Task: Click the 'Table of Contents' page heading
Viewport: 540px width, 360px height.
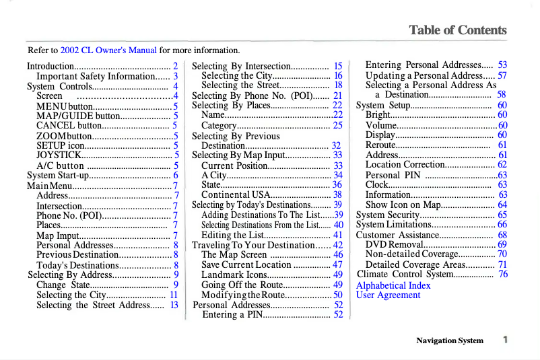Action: [x=457, y=30]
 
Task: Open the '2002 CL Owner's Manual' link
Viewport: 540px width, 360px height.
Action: [x=108, y=50]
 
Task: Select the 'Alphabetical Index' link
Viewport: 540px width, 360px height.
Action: [x=393, y=285]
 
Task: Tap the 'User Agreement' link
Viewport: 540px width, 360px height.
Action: [x=388, y=295]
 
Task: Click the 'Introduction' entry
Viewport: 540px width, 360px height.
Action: [x=50, y=66]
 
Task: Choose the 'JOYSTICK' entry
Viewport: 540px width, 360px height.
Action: [x=59, y=155]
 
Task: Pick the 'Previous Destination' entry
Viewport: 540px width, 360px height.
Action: [x=77, y=254]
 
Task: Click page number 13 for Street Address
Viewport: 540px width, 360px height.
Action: [x=174, y=305]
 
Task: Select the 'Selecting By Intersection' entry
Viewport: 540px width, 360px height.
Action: [x=240, y=66]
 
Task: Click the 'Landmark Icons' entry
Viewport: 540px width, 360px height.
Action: [x=234, y=275]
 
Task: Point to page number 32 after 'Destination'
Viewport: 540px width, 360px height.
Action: [x=337, y=145]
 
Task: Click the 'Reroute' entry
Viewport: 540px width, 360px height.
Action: [x=380, y=145]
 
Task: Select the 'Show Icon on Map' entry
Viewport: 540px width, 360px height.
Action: [x=403, y=205]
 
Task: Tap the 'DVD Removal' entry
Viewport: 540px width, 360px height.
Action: [x=394, y=244]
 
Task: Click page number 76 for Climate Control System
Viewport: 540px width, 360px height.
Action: [x=503, y=275]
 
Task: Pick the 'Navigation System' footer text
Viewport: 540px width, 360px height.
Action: [x=450, y=340]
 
